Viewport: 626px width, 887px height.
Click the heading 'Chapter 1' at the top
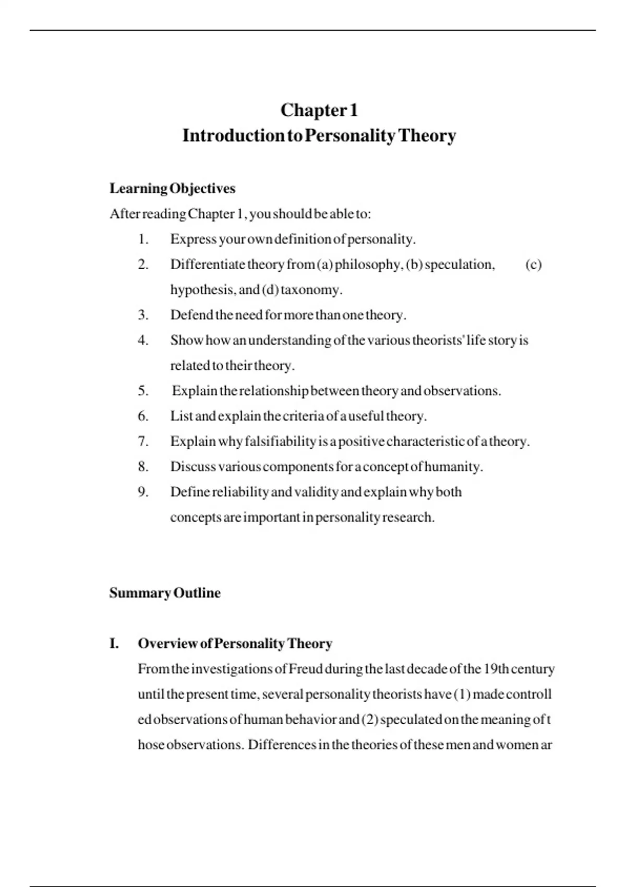319,110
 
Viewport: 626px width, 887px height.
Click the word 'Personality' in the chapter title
350,136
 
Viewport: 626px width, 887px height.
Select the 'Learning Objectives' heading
172,188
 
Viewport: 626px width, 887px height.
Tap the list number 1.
143,239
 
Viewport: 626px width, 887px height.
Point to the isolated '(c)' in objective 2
533,265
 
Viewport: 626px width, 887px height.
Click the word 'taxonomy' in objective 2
311,290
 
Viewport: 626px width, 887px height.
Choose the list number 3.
143,315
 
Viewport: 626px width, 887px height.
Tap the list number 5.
143,391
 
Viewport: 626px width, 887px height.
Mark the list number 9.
143,492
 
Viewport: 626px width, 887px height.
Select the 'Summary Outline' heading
165,593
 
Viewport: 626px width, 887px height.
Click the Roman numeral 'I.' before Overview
114,644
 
